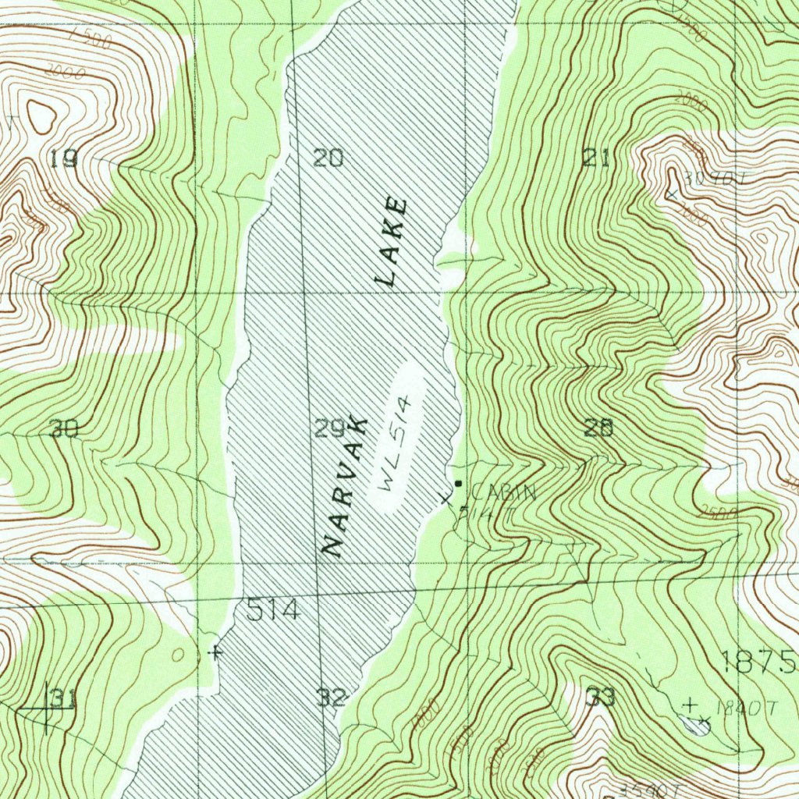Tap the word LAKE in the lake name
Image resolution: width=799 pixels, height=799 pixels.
[392, 241]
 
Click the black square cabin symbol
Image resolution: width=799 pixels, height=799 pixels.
[458, 484]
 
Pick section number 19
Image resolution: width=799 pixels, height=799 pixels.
[63, 160]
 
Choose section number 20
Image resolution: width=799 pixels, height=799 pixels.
[328, 158]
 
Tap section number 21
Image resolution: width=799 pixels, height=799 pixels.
[595, 158]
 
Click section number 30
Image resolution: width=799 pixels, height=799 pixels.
[63, 428]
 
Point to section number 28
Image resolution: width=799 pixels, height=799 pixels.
[598, 428]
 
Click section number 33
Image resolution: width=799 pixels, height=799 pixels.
[601, 697]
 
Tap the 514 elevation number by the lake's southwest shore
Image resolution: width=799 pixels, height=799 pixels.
[273, 610]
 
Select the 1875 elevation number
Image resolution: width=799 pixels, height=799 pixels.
[758, 662]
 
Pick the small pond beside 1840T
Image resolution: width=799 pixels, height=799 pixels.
[697, 727]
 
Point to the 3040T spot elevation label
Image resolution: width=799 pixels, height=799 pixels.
[705, 178]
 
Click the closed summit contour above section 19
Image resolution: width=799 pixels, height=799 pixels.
[41, 116]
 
